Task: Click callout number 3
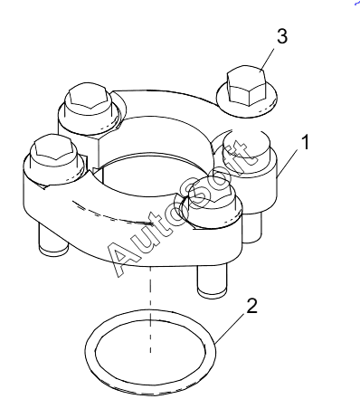click(282, 36)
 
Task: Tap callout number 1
click(306, 142)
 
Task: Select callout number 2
click(251, 306)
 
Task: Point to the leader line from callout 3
click(268, 59)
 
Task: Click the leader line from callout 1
click(289, 162)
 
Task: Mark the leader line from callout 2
click(230, 328)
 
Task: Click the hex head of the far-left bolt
click(53, 148)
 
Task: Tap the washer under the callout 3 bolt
click(246, 101)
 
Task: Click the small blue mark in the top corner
click(357, 3)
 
